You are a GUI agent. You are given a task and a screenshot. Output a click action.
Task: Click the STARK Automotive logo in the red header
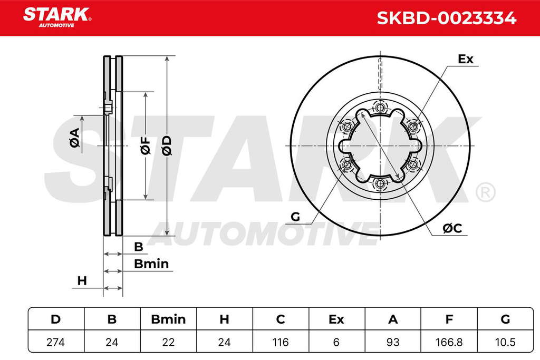[57, 17]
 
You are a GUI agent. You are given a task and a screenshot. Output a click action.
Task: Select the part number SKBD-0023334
[446, 18]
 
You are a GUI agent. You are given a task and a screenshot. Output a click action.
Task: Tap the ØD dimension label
[166, 145]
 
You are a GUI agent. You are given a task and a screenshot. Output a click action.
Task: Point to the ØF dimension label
[146, 145]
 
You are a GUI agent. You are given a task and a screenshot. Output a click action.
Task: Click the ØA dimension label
[75, 138]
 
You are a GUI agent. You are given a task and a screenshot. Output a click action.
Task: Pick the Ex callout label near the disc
[466, 59]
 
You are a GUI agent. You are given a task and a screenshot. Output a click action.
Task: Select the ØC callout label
[452, 228]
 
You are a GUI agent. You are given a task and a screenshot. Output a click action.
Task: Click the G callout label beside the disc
[295, 217]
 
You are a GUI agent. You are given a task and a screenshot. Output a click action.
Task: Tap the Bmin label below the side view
[151, 264]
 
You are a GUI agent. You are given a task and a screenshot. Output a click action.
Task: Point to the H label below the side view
[82, 281]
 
